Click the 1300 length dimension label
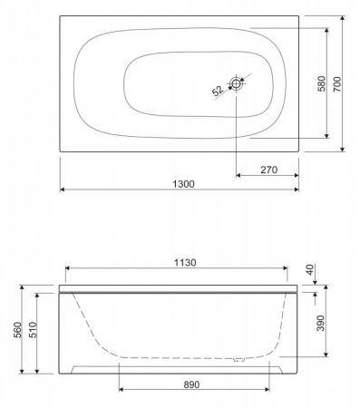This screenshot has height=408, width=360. click(x=181, y=182)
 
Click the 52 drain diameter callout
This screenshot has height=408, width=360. click(x=218, y=91)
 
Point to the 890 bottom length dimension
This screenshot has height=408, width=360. click(x=191, y=384)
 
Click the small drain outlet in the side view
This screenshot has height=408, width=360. click(x=239, y=359)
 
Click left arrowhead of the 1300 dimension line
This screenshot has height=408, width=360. click(x=63, y=189)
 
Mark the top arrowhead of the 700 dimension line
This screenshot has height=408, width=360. click(x=344, y=17)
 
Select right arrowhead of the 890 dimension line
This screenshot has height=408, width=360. click(x=268, y=391)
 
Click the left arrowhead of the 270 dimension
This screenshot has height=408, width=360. click(x=238, y=175)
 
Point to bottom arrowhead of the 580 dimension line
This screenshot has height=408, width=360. click(x=323, y=137)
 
